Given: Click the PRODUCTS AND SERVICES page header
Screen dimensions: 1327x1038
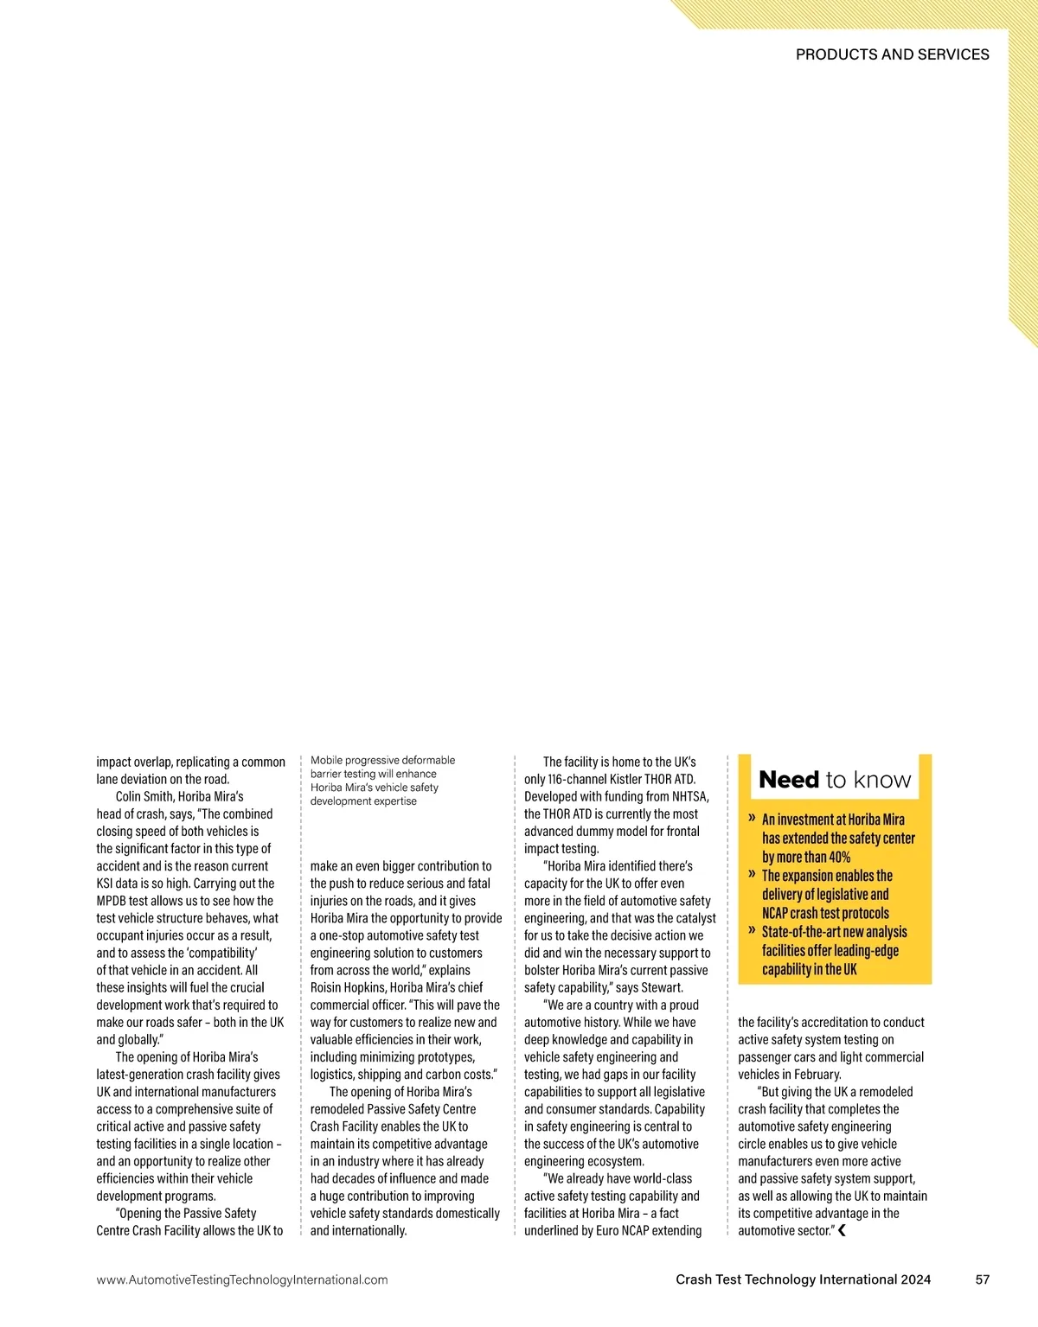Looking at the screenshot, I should coord(892,54).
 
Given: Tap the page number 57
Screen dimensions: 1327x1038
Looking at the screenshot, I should coord(982,1279).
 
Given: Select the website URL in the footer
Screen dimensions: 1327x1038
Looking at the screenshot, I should coord(242,1280).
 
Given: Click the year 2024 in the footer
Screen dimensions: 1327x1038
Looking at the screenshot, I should coord(916,1279).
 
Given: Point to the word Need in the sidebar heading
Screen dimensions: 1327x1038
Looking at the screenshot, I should coord(789,780).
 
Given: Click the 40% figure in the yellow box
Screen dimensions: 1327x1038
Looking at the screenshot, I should coord(837,858).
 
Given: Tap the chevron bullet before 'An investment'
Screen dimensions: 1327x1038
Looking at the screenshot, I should coord(752,818).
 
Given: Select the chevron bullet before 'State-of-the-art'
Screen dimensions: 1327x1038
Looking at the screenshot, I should coord(752,931).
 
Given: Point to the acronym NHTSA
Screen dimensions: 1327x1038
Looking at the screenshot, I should coord(689,796).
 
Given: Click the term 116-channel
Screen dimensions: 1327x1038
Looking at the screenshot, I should coord(576,779).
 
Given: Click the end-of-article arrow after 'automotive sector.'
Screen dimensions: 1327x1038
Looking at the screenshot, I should coord(842,1230).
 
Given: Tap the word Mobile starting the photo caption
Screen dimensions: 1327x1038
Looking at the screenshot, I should coord(326,761).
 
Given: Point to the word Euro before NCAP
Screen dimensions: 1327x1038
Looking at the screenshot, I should coord(609,1230).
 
